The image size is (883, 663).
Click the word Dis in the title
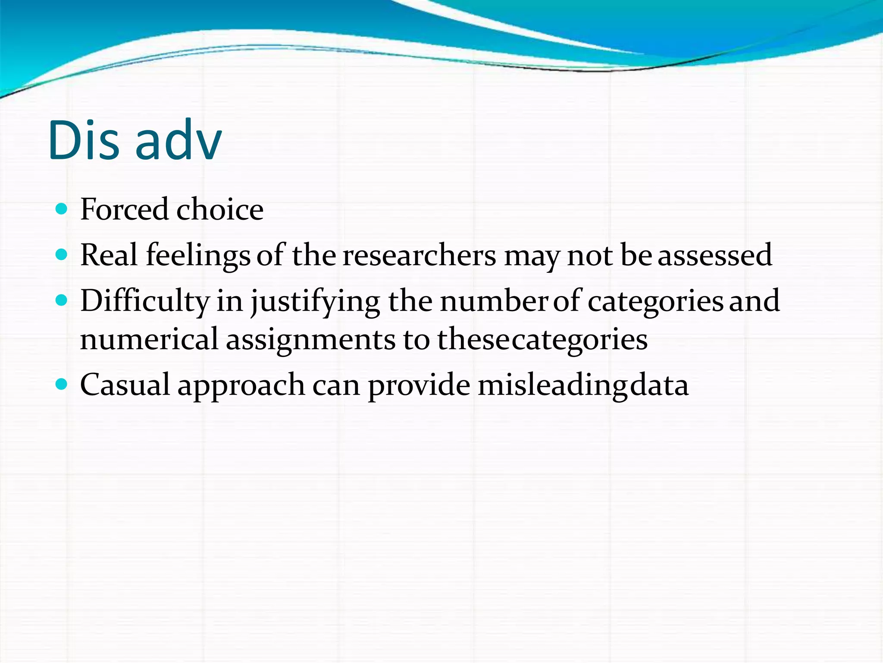click(84, 140)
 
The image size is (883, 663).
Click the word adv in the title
click(178, 140)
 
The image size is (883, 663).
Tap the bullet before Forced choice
click(62, 210)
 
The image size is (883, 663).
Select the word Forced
click(124, 210)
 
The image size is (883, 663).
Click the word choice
click(219, 210)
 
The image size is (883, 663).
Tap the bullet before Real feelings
click(62, 255)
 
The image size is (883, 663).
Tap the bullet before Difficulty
click(62, 300)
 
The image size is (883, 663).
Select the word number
click(494, 301)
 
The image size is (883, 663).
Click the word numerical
click(149, 339)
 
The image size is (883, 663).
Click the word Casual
click(125, 385)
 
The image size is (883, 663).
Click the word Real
click(109, 255)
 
